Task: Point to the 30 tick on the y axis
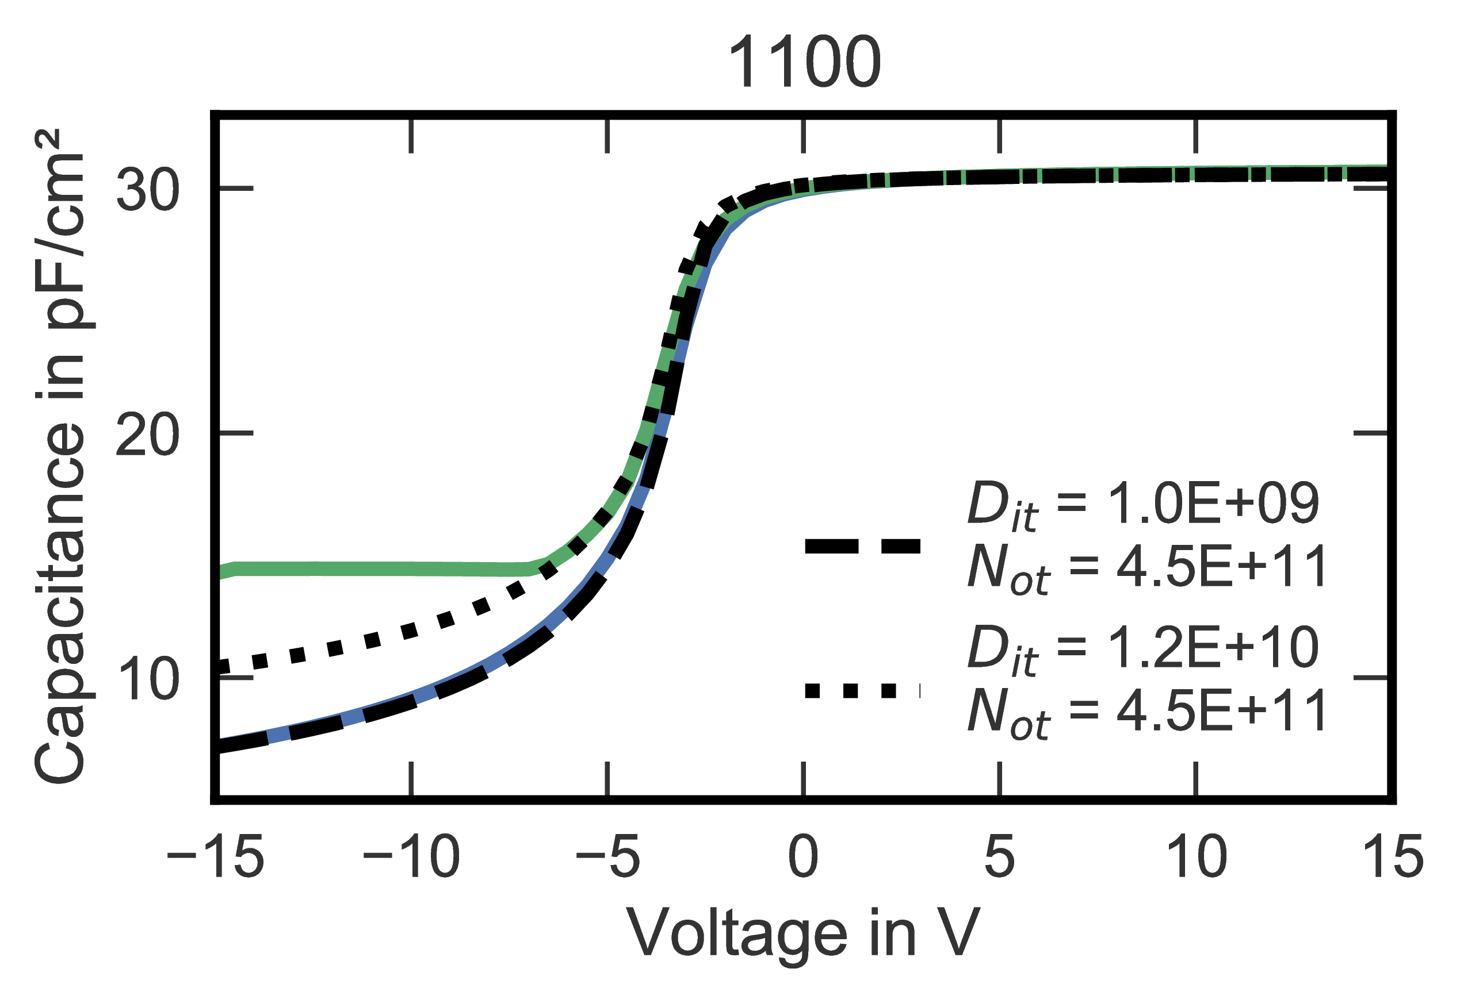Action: click(148, 189)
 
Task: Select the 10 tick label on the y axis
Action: click(148, 679)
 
